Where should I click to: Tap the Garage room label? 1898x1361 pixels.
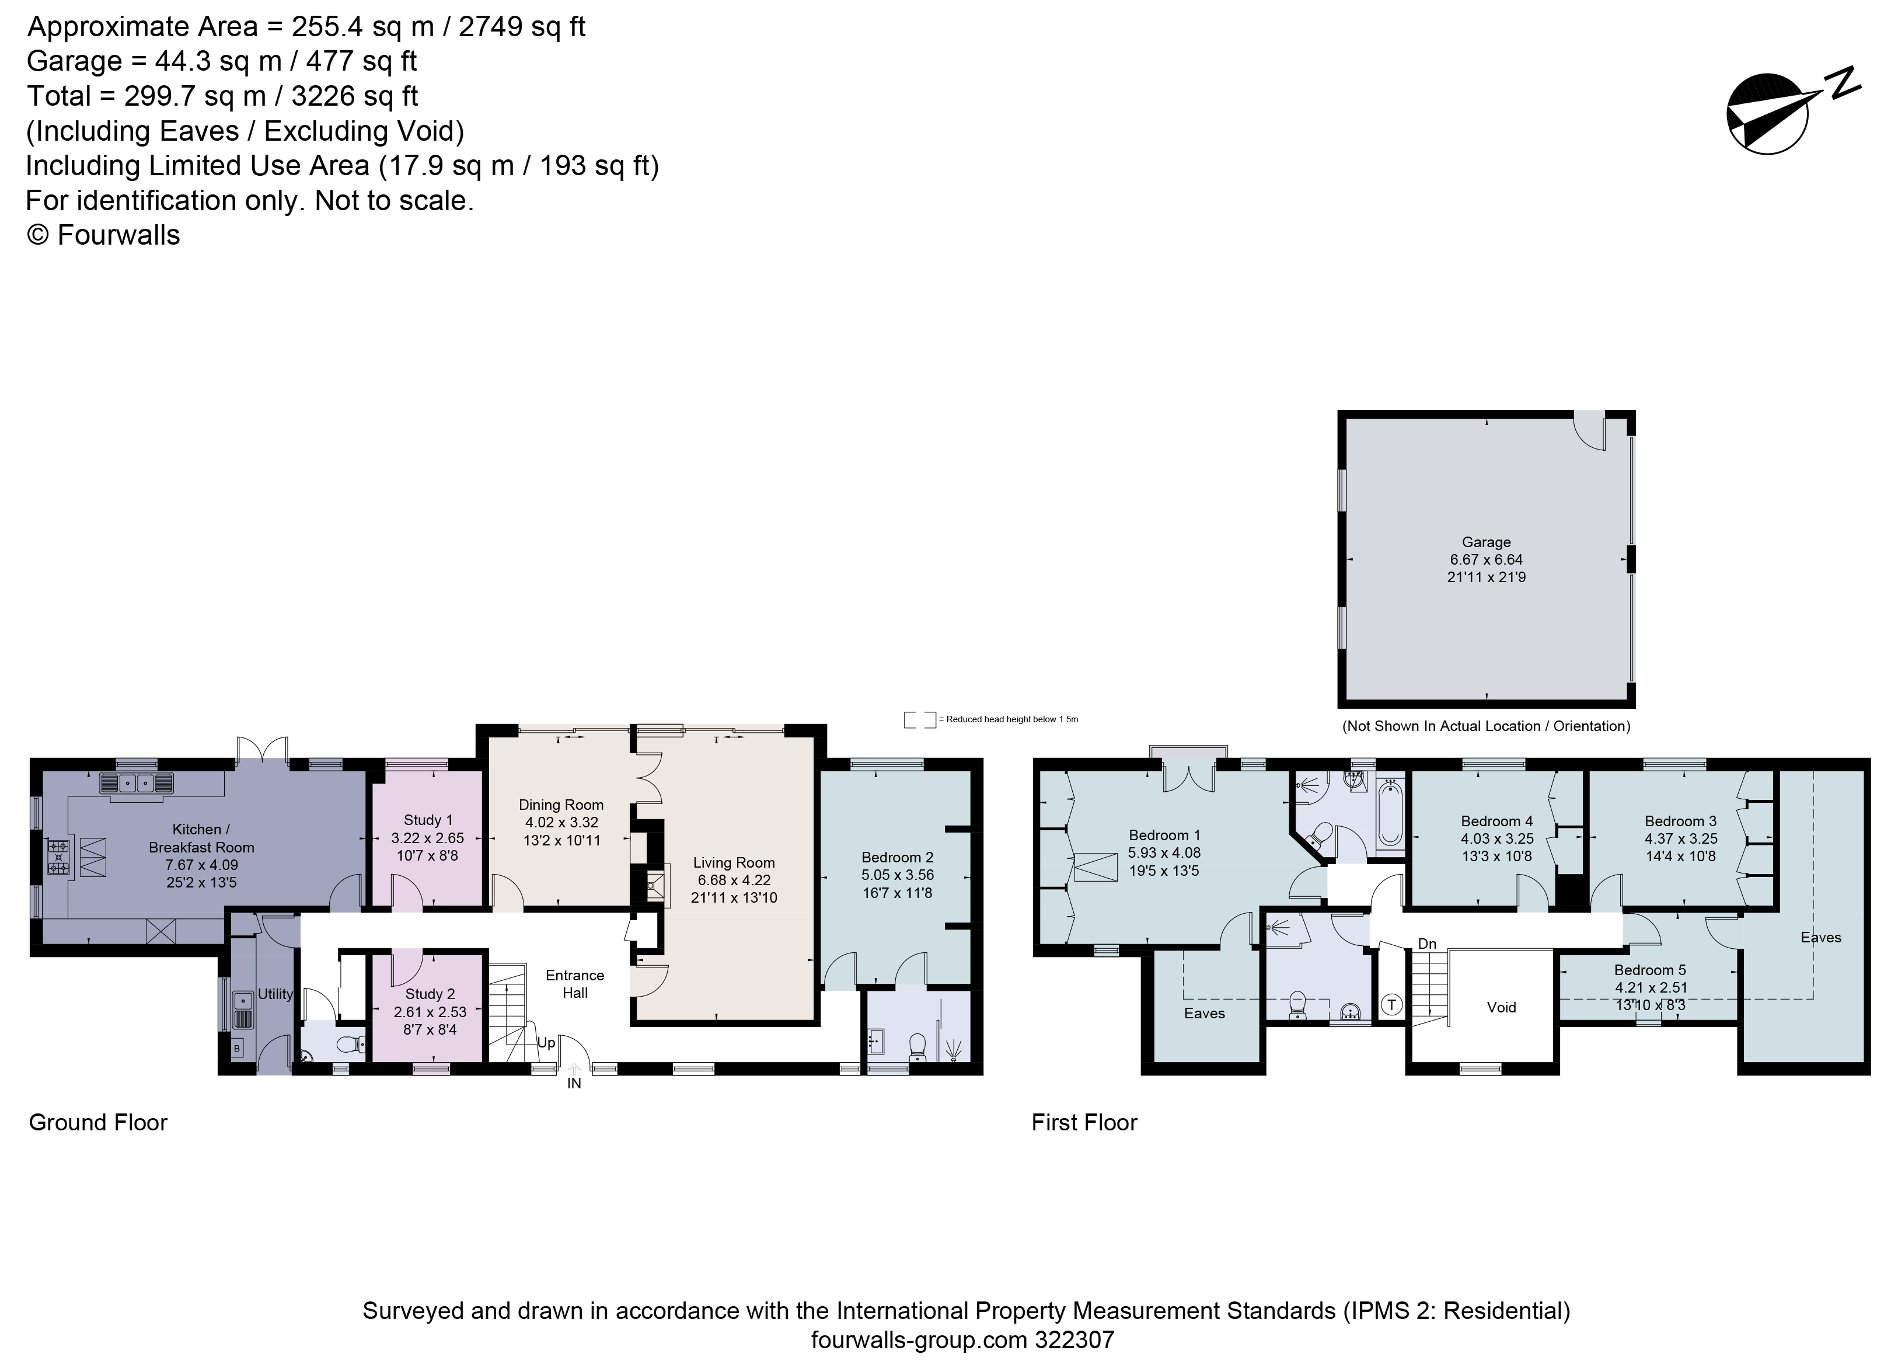coord(1487,542)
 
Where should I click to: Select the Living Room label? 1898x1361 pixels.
coord(733,862)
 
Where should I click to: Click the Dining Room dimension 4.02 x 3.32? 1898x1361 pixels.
coord(561,822)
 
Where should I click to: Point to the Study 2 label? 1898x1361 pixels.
coord(430,994)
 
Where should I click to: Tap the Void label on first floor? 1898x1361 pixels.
coord(1501,1007)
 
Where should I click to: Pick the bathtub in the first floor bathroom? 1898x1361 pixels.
coord(1390,813)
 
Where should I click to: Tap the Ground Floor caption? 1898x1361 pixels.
coord(98,1122)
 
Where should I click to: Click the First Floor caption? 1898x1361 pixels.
coord(1084,1122)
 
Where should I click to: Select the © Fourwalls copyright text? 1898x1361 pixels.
coord(104,235)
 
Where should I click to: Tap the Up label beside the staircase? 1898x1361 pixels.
coord(546,1043)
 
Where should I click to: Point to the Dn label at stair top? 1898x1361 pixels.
coord(1427,944)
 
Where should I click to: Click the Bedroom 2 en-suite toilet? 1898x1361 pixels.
coord(918,1046)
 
